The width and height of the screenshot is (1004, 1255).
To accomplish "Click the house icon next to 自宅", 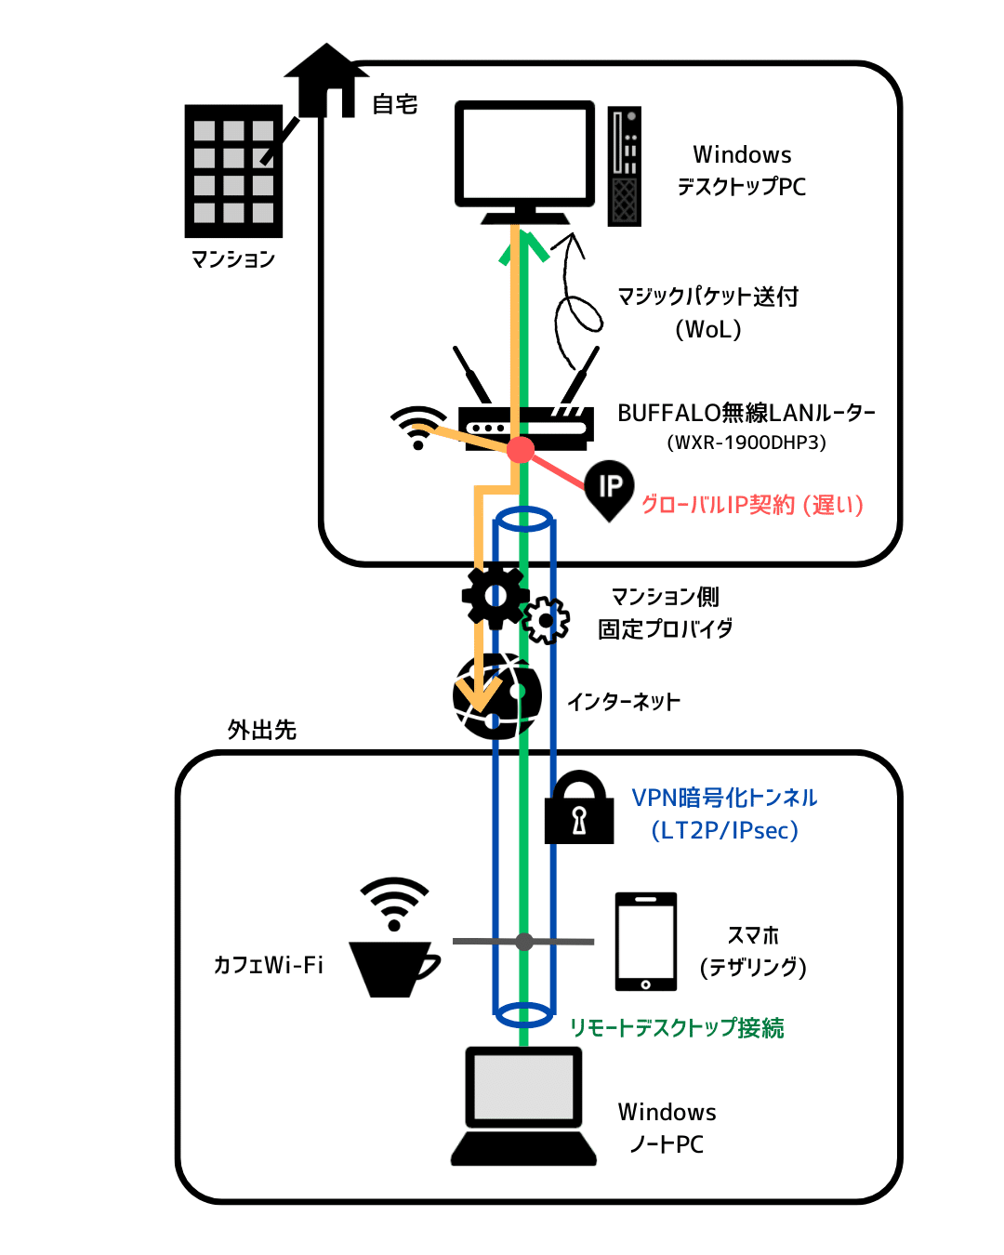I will coord(326,81).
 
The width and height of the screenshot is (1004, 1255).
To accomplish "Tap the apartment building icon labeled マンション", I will coord(233,171).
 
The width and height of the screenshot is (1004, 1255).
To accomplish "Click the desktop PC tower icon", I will coord(625,166).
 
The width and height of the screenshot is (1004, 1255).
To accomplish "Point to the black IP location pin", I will coord(610,488).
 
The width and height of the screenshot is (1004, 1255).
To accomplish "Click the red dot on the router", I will coord(521,450).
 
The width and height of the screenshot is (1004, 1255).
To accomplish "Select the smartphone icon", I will coord(645,942).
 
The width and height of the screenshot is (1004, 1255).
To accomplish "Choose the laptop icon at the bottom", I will coord(524,1106).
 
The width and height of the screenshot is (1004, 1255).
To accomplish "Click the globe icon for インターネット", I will coord(497,696).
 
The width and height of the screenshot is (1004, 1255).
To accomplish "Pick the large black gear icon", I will coord(495,596).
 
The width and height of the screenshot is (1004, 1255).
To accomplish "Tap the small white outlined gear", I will coord(546,620).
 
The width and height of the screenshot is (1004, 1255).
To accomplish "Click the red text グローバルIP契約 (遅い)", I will coord(752,505).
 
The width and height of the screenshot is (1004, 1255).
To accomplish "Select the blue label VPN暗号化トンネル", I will coord(724,798).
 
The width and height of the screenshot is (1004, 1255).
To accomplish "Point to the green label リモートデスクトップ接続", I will coord(677,1028).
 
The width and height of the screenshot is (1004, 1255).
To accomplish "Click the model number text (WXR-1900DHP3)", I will coord(746,443).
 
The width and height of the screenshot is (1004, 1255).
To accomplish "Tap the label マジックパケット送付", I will coord(708,297).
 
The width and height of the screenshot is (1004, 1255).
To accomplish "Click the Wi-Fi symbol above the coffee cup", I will coord(395,902).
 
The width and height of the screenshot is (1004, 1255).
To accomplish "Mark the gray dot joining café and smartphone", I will coord(524,942).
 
